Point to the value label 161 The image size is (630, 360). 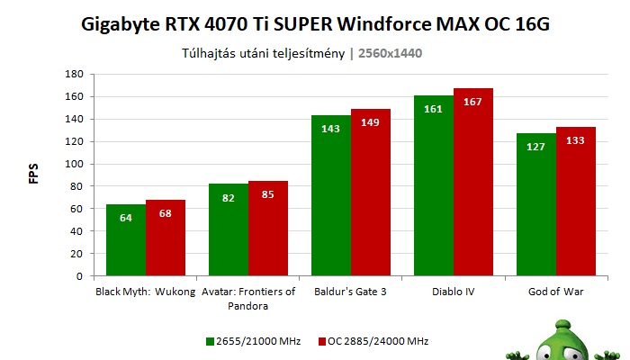tap(434, 109)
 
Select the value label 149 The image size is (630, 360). tap(371, 123)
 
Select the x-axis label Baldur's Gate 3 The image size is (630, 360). tap(350, 292)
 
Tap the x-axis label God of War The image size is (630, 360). tap(555, 292)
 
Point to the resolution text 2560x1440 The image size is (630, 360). tap(391, 53)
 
